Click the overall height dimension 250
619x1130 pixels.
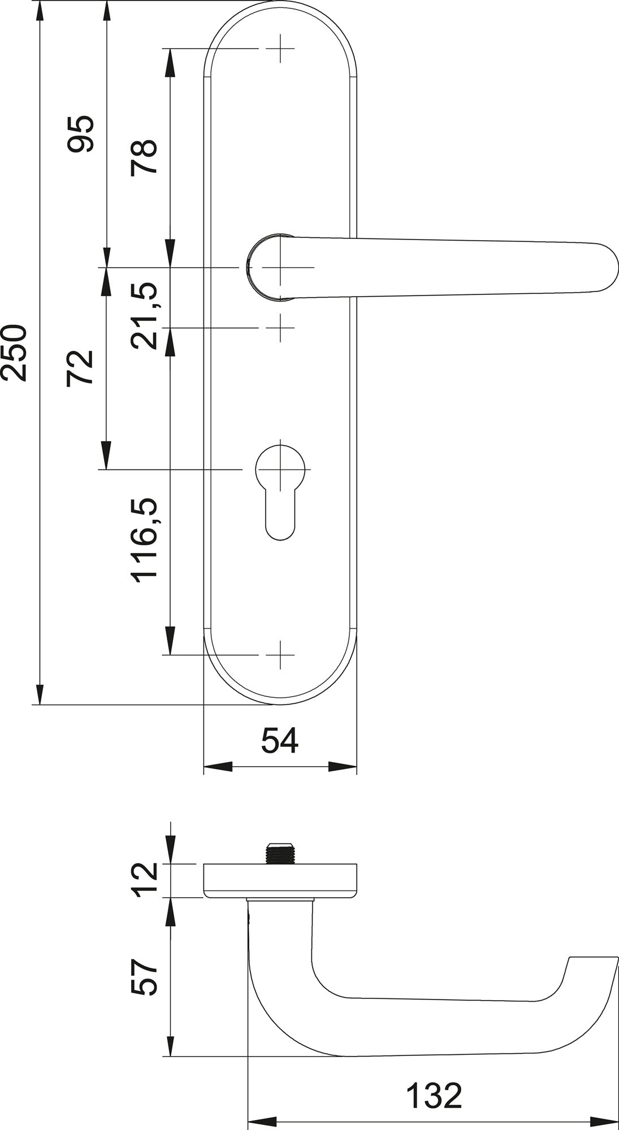(x=14, y=353)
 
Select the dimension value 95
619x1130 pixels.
(x=79, y=134)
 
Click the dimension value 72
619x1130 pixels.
(x=79, y=368)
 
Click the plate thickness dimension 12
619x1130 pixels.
(x=144, y=880)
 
